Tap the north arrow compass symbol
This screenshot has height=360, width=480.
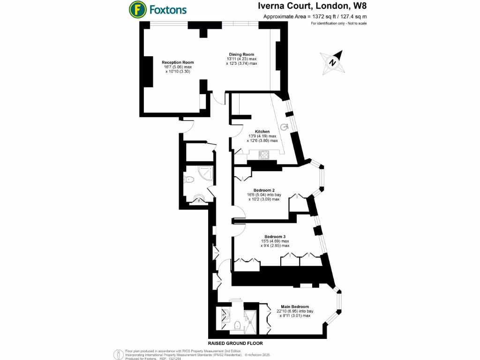[332, 62]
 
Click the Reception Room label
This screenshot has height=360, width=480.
[178, 62]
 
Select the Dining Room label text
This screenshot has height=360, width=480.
[241, 54]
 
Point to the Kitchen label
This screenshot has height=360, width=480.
[262, 131]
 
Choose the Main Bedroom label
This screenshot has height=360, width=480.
[295, 307]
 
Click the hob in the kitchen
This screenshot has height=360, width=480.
[263, 154]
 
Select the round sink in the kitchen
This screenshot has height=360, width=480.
[285, 126]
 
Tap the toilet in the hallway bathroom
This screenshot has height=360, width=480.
[190, 179]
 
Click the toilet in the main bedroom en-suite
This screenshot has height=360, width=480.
[237, 324]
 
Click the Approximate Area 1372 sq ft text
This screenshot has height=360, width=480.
[315, 16]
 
